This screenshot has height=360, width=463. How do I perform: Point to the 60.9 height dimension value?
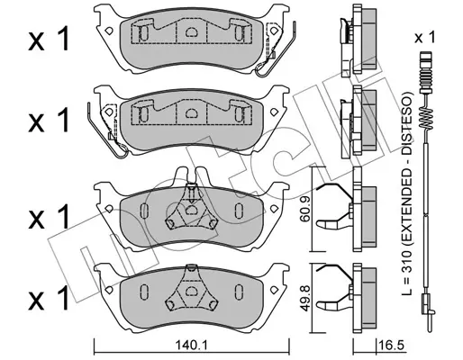tap(305, 210)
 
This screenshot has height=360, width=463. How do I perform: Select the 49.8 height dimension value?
tap(305, 298)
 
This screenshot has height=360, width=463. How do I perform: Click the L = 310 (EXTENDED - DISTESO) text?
tap(407, 193)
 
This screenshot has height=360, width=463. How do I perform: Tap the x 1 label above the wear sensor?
tap(425, 38)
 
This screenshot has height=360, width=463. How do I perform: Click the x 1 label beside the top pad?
tap(49, 39)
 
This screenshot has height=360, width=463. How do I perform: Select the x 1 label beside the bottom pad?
tap(49, 298)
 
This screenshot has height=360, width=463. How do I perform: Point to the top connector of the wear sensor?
tap(426, 69)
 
